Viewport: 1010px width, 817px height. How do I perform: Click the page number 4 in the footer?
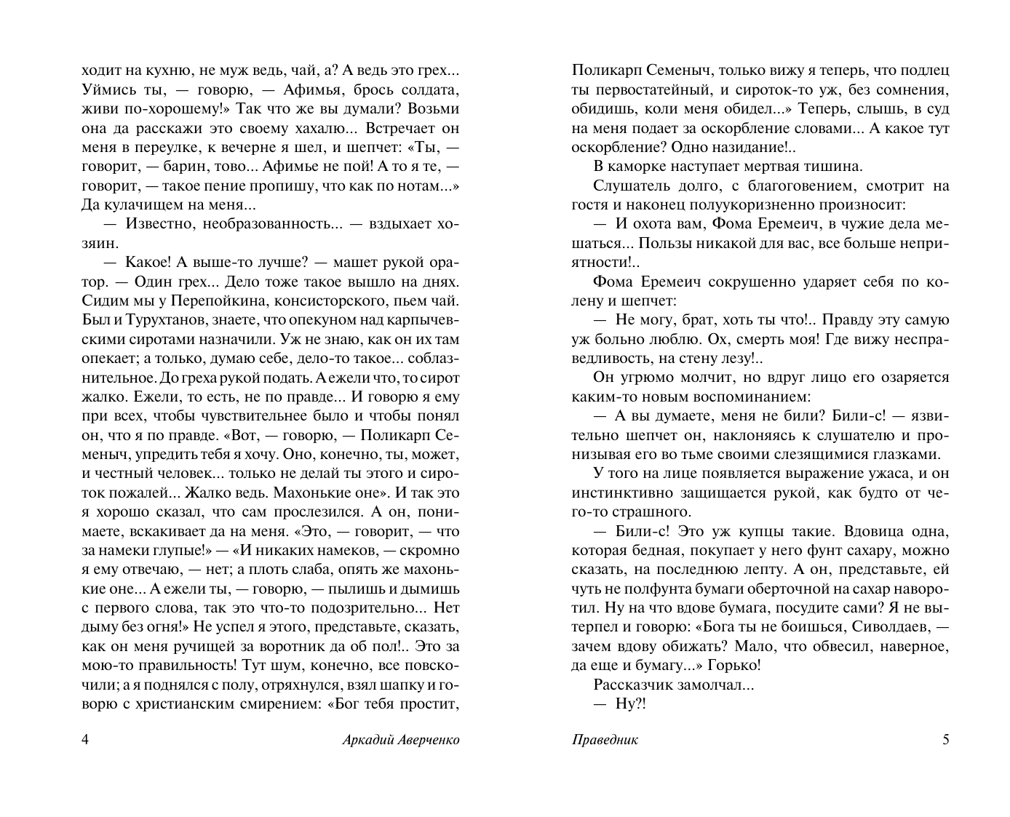[x=85, y=740]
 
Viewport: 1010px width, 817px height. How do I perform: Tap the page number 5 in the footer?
[x=946, y=740]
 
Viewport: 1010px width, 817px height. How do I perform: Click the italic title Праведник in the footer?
[x=605, y=740]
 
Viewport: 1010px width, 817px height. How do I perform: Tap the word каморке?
[x=643, y=166]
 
